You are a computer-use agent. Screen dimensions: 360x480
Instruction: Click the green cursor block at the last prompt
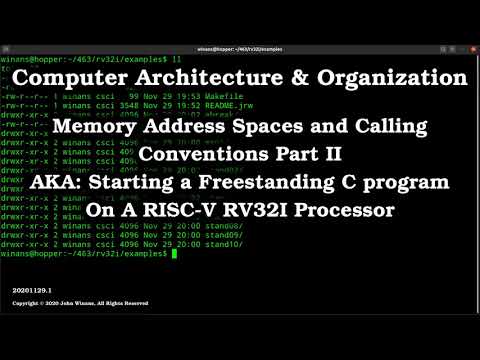174,254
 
